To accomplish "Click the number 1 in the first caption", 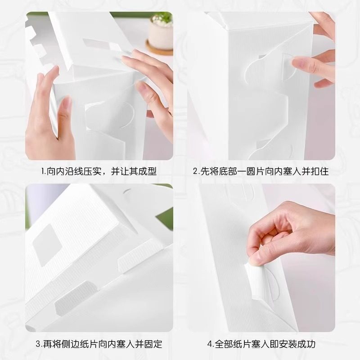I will (x=43, y=171).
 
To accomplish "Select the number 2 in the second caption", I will (x=196, y=171).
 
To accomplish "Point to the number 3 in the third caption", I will (x=38, y=344).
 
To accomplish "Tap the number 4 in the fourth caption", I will (x=210, y=344).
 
